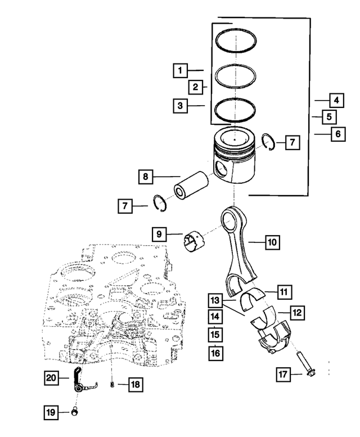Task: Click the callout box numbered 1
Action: pyautogui.click(x=180, y=71)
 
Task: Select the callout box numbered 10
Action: pyautogui.click(x=272, y=242)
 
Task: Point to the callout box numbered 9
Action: pyautogui.click(x=159, y=233)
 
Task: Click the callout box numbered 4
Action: pyautogui.click(x=336, y=101)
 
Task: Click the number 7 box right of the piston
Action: pyautogui.click(x=292, y=143)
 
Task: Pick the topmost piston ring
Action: pyautogui.click(x=237, y=41)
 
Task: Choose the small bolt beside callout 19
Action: pyautogui.click(x=73, y=413)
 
